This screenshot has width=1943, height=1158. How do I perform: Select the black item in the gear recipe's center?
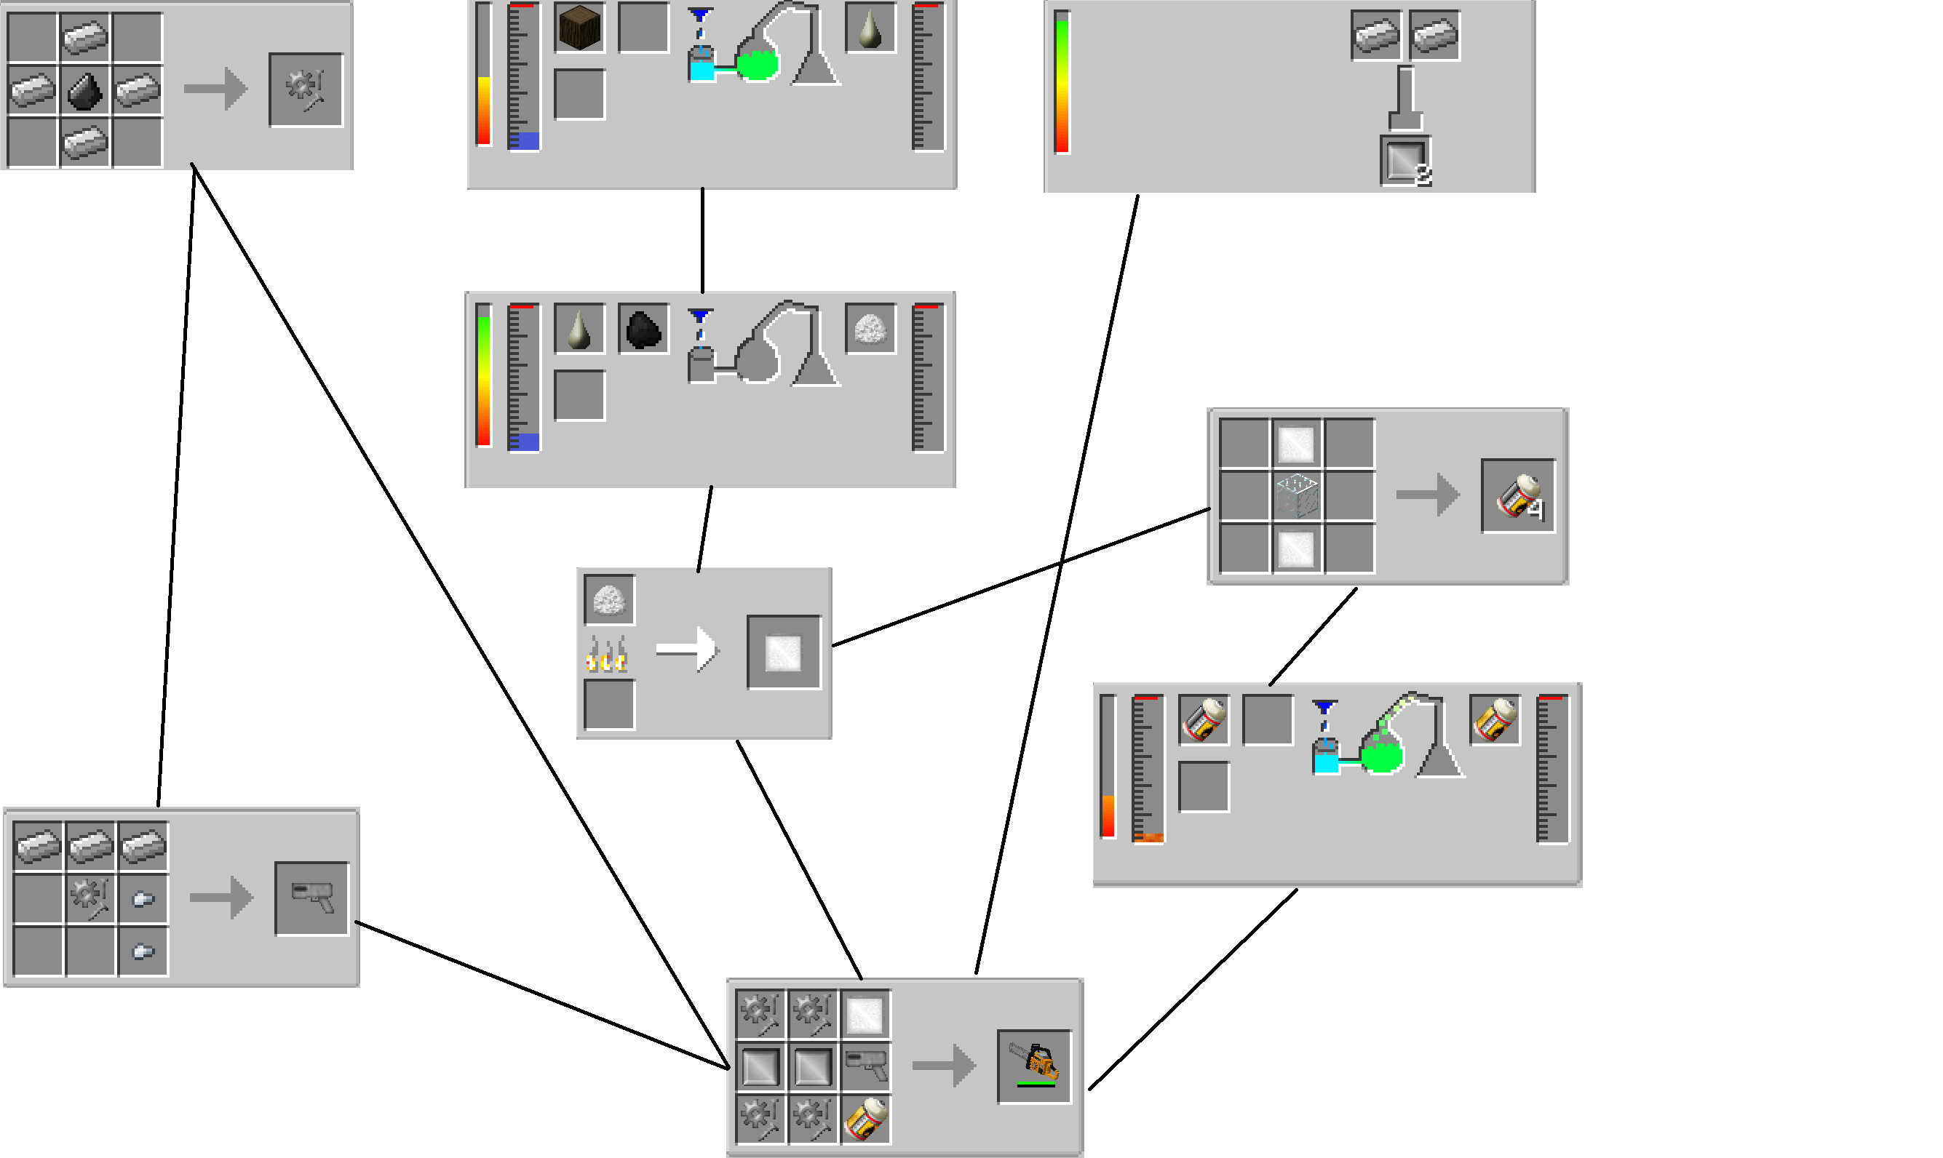pos(84,89)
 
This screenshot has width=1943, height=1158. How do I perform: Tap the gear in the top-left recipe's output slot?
pos(305,89)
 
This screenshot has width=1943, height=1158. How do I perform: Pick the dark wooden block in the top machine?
pos(579,28)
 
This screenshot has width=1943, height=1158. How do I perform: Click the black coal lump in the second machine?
pos(643,329)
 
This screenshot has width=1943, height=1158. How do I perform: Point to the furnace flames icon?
pos(607,654)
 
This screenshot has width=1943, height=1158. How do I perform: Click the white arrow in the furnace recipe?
pos(686,650)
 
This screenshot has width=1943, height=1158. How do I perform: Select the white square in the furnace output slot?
pos(784,652)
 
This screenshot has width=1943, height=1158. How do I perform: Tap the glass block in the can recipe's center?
pos(1297,495)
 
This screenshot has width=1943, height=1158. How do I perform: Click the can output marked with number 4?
pos(1517,495)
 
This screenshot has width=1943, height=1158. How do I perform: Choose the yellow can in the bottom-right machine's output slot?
pos(1494,719)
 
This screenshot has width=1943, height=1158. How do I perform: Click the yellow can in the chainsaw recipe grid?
pos(865,1118)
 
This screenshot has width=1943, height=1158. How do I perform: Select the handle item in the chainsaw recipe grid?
pos(866,1066)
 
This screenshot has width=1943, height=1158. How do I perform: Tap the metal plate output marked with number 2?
pos(1404,161)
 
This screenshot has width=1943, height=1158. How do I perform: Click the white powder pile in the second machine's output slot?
pos(870,329)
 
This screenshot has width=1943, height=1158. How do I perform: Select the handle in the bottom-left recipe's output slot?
pos(311,898)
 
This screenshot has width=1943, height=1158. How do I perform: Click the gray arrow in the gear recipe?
pos(215,89)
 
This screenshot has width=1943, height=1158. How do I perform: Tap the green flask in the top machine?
pos(756,65)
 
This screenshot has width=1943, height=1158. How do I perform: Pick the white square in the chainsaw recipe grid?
pos(865,1015)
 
